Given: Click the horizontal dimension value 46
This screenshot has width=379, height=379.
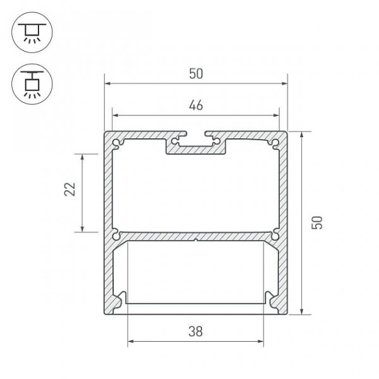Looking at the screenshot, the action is [196, 105].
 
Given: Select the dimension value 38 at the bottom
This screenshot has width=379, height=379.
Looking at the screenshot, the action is [196, 332].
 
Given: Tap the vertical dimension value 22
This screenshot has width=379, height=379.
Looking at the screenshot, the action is [70, 189].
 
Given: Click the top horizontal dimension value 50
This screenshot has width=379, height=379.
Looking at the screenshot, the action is [196, 74].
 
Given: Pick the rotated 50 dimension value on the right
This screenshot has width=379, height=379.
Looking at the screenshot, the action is [317, 222].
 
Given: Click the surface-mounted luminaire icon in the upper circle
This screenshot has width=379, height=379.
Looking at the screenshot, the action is [32, 32].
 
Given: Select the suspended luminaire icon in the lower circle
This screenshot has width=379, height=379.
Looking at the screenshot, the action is [32, 85].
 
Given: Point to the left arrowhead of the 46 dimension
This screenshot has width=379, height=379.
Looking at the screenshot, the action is [116, 116].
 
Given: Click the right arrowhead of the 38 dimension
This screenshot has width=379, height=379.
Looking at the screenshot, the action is [261, 342].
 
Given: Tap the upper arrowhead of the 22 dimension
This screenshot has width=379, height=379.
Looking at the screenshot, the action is [82, 157].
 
